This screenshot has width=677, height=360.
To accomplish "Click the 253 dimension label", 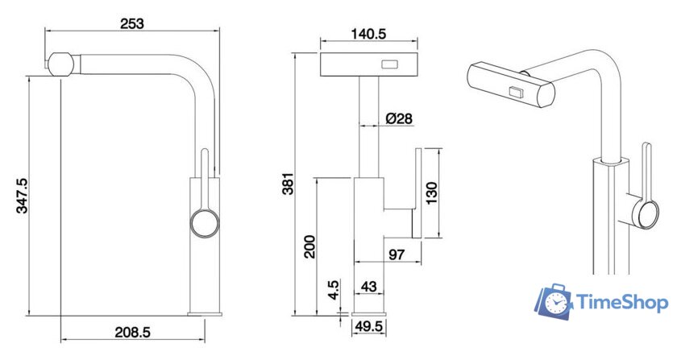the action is click(131, 23).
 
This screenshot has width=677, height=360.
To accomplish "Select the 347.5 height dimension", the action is click(22, 196).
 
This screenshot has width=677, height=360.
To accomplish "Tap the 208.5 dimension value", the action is click(132, 332).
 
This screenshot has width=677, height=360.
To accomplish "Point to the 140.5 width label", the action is click(368, 33).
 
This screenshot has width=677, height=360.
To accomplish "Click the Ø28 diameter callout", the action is click(399, 118).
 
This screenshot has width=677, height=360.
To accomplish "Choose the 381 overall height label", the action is click(288, 184).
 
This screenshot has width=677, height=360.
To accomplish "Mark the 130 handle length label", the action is click(431, 193).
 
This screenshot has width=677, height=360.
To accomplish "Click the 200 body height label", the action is click(309, 246).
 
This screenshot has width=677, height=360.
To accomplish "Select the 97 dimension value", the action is click(397, 254).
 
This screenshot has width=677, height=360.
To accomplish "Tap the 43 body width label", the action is click(368, 286).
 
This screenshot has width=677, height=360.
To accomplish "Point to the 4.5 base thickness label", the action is click(334, 290).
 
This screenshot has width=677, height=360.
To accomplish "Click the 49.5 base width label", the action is click(368, 326).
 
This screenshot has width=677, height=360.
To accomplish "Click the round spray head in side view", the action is click(60, 64).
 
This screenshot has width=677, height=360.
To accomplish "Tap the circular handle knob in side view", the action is click(205, 223).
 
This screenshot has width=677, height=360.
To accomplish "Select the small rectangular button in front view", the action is click(390, 65).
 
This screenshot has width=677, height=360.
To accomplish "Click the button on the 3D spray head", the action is click(516, 92).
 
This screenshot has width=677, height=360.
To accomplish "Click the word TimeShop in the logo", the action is click(622, 302).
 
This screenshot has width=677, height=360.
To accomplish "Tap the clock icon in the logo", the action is click(556, 303).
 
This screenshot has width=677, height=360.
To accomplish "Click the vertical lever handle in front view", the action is click(417, 193).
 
